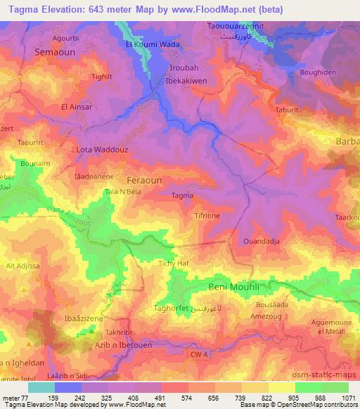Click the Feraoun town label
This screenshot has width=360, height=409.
pos(143,181)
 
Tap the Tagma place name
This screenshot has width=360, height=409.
pos(183,197)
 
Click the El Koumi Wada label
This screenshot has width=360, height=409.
pos(153,44)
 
